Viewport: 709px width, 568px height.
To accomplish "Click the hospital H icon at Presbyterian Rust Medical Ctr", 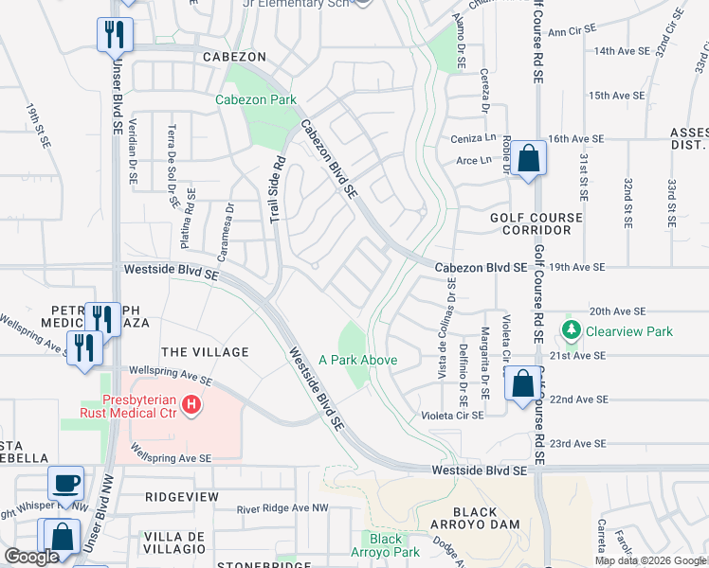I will coord(191,406).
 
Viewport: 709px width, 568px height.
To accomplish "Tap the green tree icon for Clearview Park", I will coord(572,331).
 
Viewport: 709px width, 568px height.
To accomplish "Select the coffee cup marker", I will coord(66,483).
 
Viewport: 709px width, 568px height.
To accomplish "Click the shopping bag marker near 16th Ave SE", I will coord(531,157).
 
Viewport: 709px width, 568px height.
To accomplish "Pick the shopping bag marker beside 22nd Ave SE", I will coord(522,384).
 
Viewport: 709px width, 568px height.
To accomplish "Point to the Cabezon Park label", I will coord(256,99).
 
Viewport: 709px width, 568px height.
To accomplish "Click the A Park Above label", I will coord(357,360).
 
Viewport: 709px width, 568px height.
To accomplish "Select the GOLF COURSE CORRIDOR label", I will coord(536,223).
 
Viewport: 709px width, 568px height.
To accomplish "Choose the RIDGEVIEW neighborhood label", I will coord(182,496).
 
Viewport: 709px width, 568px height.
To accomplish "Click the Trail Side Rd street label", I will coord(276,189).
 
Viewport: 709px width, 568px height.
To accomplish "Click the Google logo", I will coord(31,557).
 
